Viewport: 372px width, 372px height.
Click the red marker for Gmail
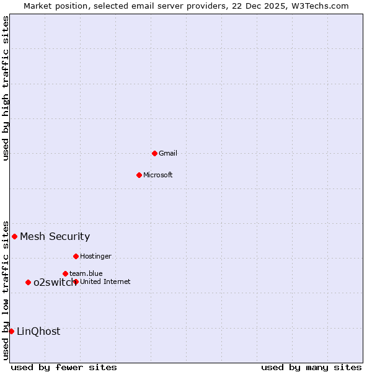(x=154, y=153)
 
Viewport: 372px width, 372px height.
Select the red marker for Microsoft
(x=139, y=175)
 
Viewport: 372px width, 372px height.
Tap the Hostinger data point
(x=76, y=256)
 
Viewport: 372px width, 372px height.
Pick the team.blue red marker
(x=65, y=273)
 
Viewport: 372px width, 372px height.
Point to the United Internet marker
(x=76, y=281)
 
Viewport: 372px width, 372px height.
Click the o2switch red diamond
(x=28, y=282)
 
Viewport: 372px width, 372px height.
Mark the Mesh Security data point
(x=14, y=236)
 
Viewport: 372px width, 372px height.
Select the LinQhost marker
(x=11, y=331)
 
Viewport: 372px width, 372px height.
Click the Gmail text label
(x=168, y=153)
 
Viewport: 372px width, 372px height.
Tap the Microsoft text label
(x=158, y=175)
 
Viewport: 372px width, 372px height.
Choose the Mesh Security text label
(x=55, y=236)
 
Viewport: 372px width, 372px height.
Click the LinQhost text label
(x=38, y=331)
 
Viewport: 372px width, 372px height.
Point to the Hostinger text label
(x=95, y=256)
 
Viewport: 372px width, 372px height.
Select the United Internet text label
(x=105, y=281)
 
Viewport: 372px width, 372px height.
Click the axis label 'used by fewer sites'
(x=64, y=367)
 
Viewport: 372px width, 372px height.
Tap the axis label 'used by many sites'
(x=311, y=367)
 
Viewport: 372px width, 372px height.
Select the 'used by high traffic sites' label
(x=6, y=88)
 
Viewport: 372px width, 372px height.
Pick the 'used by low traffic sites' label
(x=6, y=290)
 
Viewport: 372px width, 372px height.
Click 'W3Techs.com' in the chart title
(x=321, y=6)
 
